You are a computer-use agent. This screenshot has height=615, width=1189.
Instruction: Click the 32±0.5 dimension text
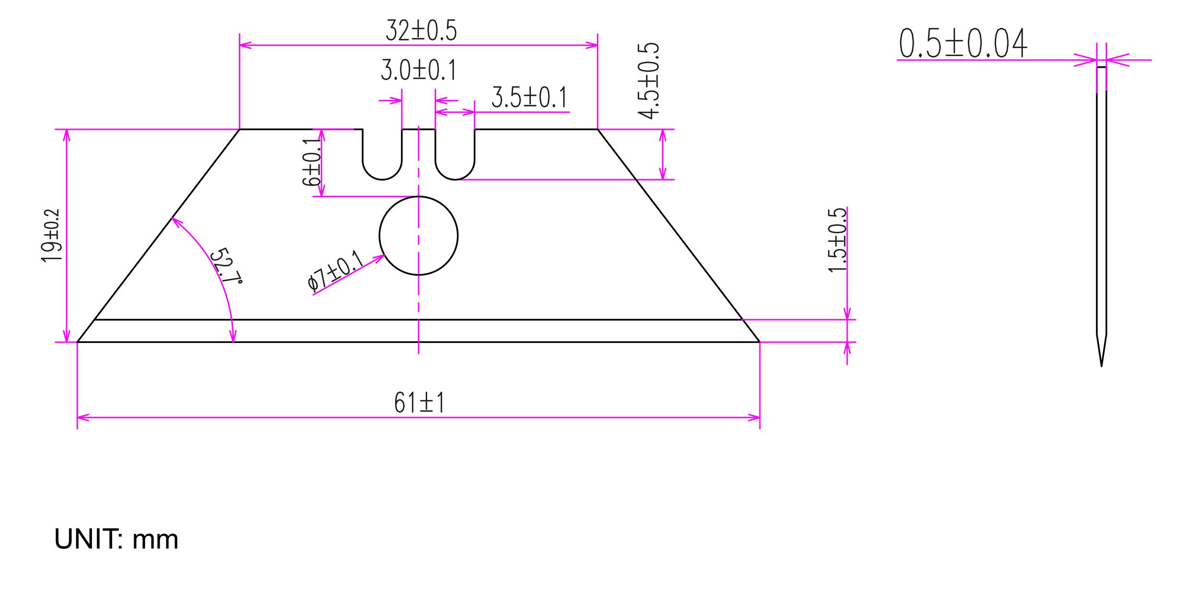[x=421, y=31]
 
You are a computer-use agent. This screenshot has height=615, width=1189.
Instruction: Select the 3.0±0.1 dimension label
[x=419, y=71]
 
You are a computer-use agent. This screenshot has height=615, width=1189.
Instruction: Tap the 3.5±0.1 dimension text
[x=529, y=98]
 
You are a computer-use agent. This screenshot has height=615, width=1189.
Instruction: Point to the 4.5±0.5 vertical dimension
[x=649, y=81]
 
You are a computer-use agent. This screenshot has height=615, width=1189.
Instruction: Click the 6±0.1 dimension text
[x=311, y=162]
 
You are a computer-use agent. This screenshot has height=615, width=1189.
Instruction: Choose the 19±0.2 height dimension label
[x=51, y=236]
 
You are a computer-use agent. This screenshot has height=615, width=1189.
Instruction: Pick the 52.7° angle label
[x=226, y=267]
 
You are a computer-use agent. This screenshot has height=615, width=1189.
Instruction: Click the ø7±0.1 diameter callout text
[x=336, y=271]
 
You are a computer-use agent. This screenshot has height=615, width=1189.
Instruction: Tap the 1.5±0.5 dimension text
[x=838, y=240]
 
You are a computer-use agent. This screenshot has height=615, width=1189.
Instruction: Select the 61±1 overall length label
[x=420, y=402]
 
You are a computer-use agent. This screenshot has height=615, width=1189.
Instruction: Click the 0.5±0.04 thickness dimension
[x=963, y=44]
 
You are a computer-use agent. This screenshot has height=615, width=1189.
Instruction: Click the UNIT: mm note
[x=116, y=539]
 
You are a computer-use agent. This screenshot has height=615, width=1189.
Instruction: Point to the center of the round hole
[x=419, y=236]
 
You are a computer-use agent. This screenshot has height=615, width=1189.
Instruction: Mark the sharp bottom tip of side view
[x=1101, y=366]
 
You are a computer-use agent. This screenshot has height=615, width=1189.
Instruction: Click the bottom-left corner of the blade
[x=78, y=342]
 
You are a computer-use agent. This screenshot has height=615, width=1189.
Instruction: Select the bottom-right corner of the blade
[x=759, y=342]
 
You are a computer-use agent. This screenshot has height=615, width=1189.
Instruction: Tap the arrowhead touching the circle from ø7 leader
[x=383, y=257]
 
